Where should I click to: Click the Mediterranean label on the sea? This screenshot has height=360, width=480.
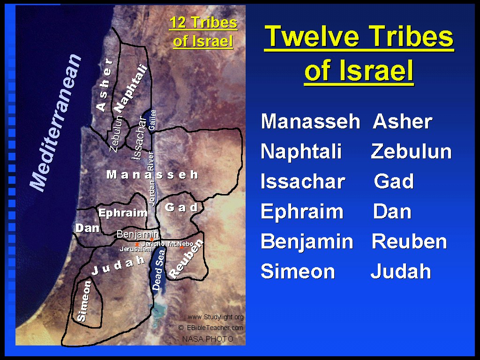pyautogui.click(x=56, y=122)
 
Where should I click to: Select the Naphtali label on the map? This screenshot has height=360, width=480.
pyautogui.click(x=131, y=89)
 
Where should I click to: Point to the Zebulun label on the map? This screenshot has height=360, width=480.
pyautogui.click(x=116, y=134)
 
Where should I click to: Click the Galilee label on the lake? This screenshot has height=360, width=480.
pyautogui.click(x=152, y=120)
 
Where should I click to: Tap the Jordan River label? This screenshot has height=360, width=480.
pyautogui.click(x=151, y=179)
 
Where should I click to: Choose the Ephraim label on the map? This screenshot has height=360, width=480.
pyautogui.click(x=123, y=213)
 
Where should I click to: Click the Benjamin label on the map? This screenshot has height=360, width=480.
pyautogui.click(x=138, y=234)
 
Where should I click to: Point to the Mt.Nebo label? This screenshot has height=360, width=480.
pyautogui.click(x=180, y=244)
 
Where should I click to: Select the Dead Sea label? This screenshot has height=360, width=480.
pyautogui.click(x=159, y=270)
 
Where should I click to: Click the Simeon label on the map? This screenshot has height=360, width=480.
pyautogui.click(x=84, y=301)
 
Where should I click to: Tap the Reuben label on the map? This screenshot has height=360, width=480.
pyautogui.click(x=186, y=259)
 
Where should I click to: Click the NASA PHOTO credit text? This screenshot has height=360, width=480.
pyautogui.click(x=208, y=339)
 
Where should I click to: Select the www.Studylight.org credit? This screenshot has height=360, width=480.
pyautogui.click(x=216, y=317)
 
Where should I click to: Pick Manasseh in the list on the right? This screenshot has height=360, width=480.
pyautogui.click(x=310, y=121)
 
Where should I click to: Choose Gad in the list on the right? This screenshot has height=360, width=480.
pyautogui.click(x=394, y=181)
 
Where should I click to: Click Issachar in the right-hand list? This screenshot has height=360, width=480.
pyautogui.click(x=303, y=181)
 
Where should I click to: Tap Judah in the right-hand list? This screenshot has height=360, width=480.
pyautogui.click(x=401, y=271)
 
